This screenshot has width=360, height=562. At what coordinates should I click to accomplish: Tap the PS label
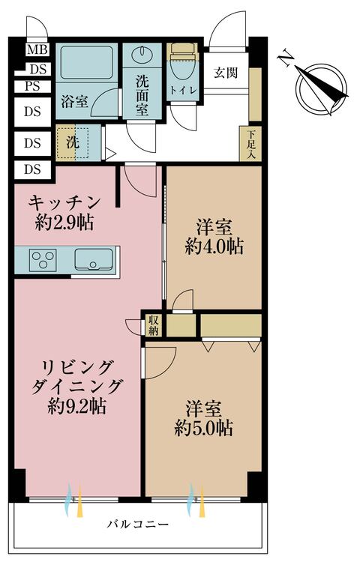click(x=31, y=85)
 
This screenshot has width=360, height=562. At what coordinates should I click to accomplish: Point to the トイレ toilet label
click(x=181, y=90)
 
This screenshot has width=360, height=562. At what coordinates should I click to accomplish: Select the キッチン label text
click(x=64, y=202)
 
